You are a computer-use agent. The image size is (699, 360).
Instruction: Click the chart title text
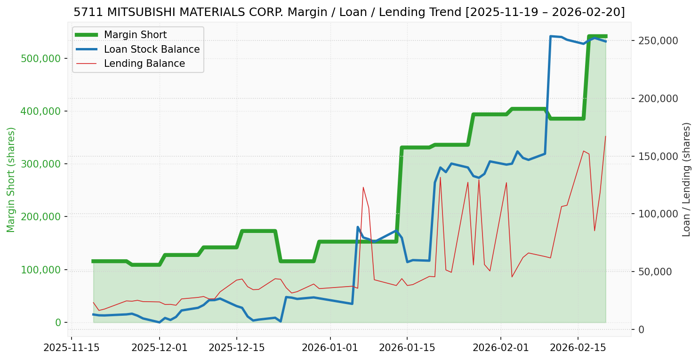[349, 12]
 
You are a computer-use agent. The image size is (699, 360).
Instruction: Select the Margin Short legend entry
[135, 35]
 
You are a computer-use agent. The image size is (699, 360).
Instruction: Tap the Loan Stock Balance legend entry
[152, 49]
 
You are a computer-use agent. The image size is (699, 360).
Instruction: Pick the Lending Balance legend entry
[144, 64]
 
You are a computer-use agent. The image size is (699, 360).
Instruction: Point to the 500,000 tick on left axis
[41, 58]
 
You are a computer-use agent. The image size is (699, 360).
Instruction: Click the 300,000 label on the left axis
[41, 164]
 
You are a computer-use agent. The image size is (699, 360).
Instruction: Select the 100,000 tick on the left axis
[41, 270]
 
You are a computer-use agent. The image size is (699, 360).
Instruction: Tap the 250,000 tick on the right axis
[658, 40]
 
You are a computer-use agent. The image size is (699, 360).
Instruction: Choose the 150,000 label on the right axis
[658, 156]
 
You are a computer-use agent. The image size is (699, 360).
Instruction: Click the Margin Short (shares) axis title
[11, 180]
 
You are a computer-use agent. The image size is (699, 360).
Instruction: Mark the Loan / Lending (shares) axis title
[686, 180]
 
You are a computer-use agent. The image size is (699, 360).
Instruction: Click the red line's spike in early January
[363, 187]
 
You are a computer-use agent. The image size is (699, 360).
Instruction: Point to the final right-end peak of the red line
[605, 136]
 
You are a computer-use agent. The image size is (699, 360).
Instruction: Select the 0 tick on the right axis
[642, 329]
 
